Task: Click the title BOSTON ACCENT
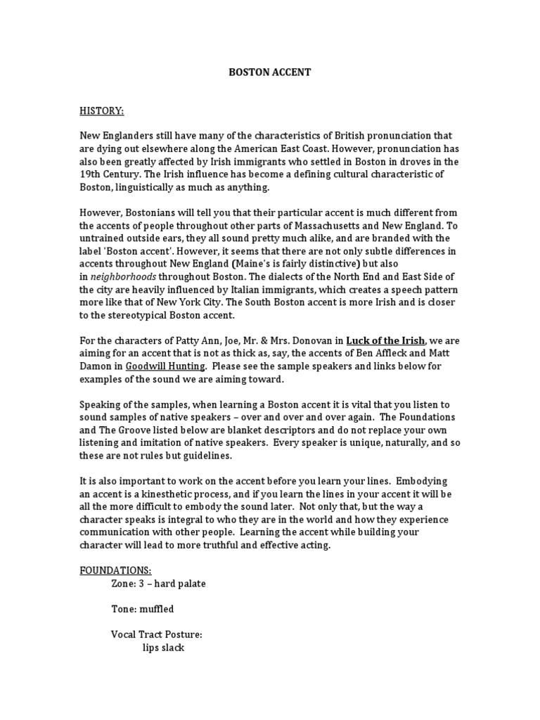(270, 72)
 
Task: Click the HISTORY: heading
(101, 110)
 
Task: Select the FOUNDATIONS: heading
(115, 570)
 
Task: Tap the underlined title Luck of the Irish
(385, 341)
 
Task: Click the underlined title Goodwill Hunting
(165, 366)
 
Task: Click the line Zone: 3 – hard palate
(158, 584)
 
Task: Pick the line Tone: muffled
(142, 609)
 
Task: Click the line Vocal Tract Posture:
(156, 634)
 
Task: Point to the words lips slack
(163, 647)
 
